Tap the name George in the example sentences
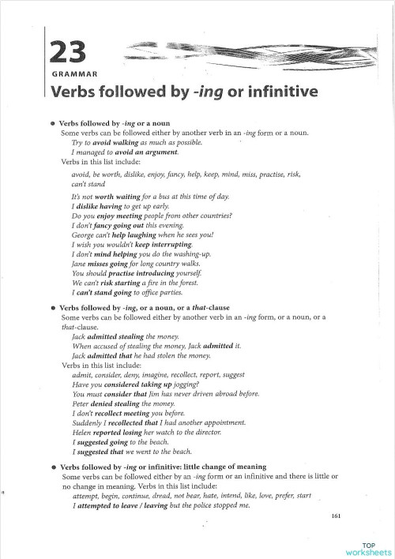tap(81, 234)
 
